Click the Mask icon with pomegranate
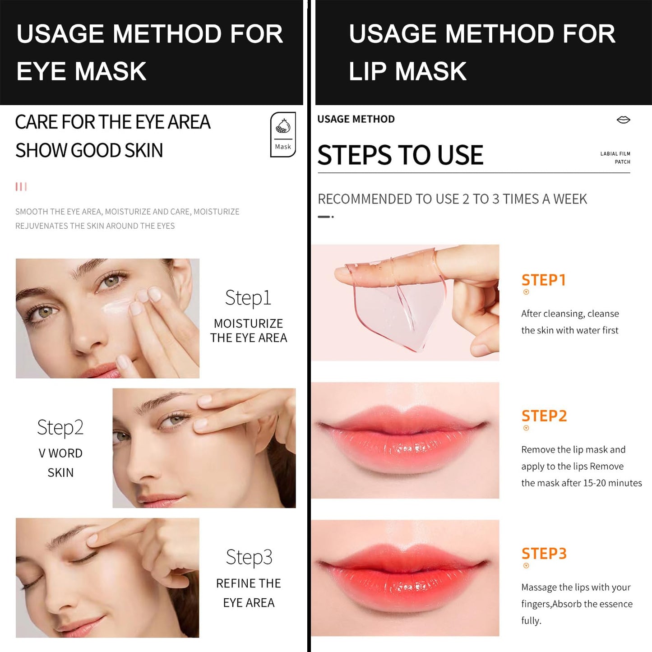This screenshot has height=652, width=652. tap(283, 134)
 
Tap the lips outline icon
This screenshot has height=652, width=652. tap(623, 120)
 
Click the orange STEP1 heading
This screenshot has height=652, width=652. tap(543, 280)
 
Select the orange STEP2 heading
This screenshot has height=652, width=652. tap(544, 416)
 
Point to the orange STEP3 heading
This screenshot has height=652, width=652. tap(544, 554)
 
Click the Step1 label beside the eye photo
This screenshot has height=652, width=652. tap(248, 298)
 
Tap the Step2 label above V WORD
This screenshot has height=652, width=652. tap(60, 428)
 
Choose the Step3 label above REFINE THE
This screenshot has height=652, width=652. tap(249, 558)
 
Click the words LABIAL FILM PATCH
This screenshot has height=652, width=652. tap(615, 157)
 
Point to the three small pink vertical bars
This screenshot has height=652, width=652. tap(21, 187)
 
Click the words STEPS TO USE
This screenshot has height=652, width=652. tap(400, 155)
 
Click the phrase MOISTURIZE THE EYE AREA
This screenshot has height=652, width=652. tap(249, 331)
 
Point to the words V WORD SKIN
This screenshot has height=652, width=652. tap(60, 463)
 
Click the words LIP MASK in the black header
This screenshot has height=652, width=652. tap(407, 71)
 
